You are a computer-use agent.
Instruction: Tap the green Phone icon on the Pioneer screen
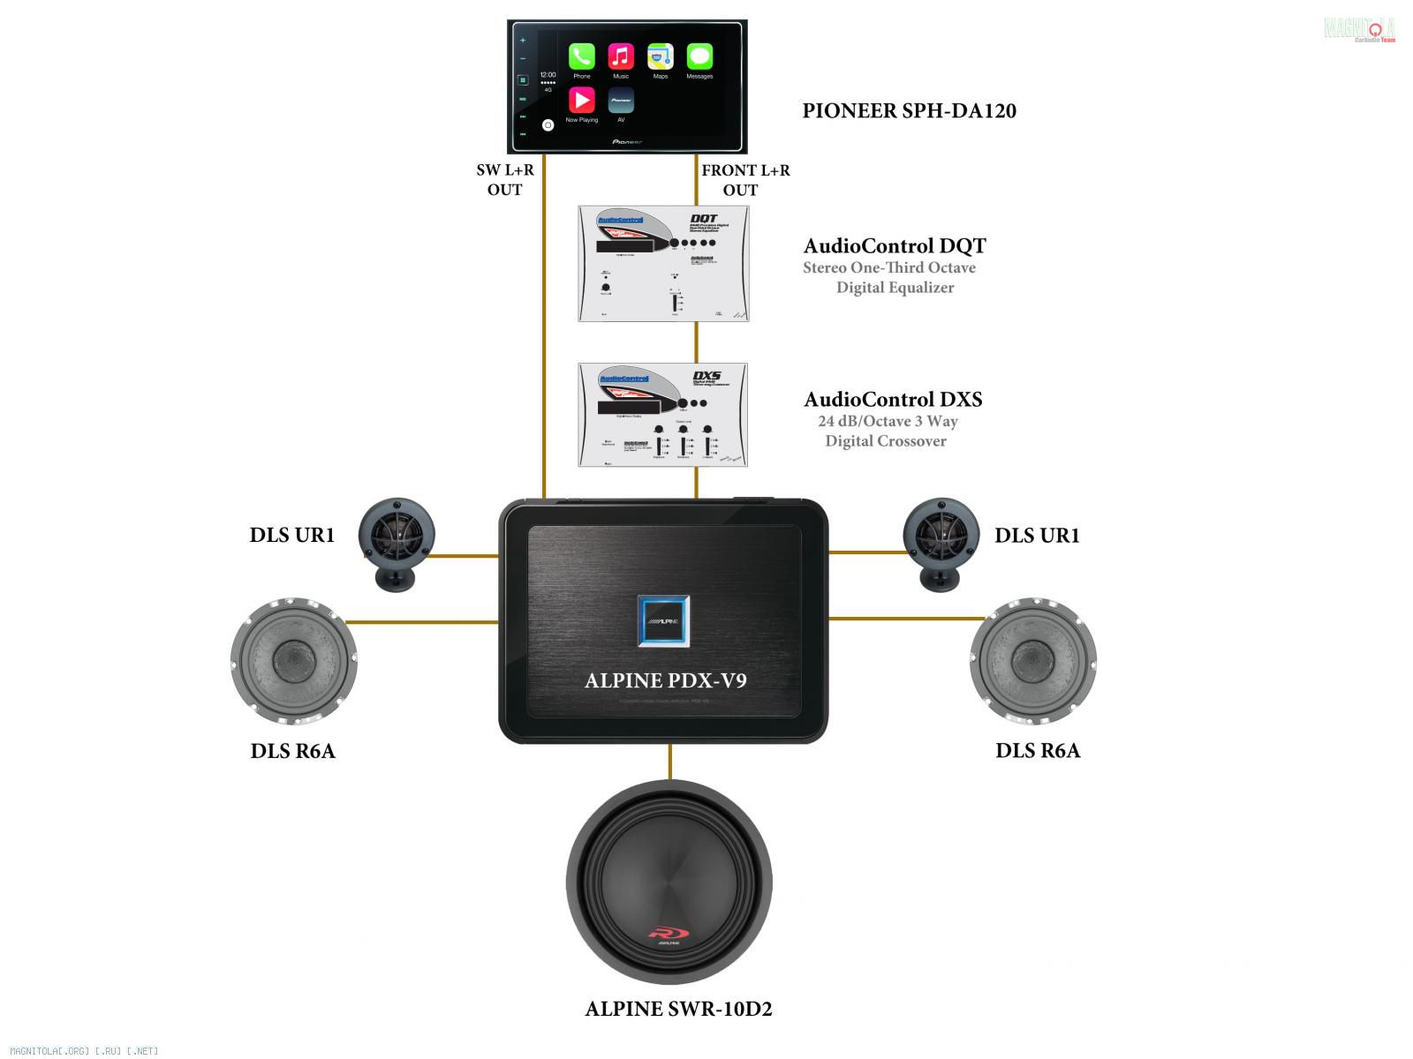[581, 56]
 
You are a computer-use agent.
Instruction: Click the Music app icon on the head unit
[621, 56]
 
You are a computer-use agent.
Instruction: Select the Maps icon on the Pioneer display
[661, 56]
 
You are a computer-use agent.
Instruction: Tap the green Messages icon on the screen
[699, 56]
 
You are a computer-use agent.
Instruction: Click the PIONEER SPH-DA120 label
[909, 111]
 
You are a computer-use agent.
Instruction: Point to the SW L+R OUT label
[505, 180]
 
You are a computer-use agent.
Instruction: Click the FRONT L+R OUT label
[744, 180]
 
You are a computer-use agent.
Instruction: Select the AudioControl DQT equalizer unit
[663, 264]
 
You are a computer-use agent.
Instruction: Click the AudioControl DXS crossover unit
[663, 415]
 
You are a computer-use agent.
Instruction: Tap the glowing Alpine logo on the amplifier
[663, 621]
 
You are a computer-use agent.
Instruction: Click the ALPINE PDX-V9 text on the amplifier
[665, 680]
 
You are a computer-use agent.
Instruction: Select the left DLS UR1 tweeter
[396, 540]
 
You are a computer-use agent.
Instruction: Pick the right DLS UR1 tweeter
[941, 540]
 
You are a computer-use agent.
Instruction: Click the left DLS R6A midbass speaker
[293, 659]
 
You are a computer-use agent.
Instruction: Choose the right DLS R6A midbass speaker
[1032, 660]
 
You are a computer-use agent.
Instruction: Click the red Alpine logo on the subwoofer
[669, 934]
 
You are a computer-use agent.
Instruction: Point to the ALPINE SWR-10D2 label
[678, 1009]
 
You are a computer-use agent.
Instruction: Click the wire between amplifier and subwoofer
[670, 762]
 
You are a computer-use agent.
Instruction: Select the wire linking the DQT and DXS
[697, 342]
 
